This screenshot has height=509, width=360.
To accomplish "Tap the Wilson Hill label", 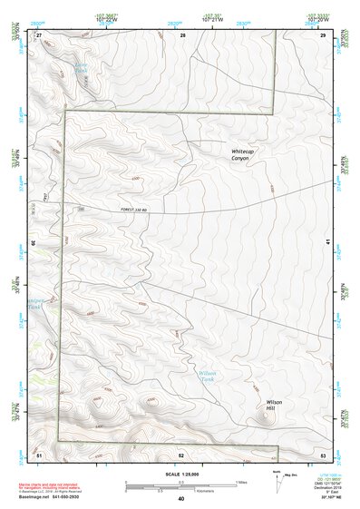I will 276,405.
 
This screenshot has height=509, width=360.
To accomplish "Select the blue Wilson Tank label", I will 207,376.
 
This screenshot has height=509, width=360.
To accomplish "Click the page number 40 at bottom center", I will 181,498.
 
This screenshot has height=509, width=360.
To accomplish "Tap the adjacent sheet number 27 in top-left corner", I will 39,34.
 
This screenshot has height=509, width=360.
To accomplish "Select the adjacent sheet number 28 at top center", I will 182,34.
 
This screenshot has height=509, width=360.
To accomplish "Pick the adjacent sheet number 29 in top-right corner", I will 324,34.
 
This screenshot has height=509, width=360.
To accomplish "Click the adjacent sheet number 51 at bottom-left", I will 39,454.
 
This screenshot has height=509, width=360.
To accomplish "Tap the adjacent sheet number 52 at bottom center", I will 181,454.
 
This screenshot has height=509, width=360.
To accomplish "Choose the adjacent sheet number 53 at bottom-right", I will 323,454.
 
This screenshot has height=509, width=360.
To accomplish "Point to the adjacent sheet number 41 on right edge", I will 326,242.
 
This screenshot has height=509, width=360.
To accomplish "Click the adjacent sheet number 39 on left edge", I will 34,243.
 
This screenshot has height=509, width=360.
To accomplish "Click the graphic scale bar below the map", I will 181,485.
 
